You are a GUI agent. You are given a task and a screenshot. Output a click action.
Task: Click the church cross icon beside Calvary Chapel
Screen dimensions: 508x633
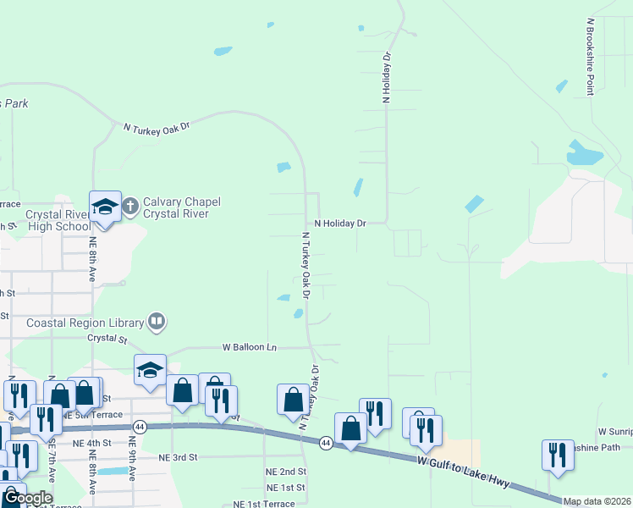[x=130, y=206]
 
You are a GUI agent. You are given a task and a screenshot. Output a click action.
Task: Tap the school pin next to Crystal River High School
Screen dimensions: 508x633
[x=105, y=207]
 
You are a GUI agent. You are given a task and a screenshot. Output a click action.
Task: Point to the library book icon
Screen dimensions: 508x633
[x=157, y=321]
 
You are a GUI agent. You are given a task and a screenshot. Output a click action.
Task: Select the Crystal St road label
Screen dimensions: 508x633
[x=107, y=339]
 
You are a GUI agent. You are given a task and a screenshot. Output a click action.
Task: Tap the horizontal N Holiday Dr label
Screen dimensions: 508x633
[x=339, y=224]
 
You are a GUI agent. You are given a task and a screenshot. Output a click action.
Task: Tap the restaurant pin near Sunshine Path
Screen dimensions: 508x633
[x=558, y=455]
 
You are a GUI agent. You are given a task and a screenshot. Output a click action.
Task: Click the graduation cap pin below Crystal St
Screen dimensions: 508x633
[x=150, y=370]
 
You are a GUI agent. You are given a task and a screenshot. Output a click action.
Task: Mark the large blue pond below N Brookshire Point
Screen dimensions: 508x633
[x=584, y=154]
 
